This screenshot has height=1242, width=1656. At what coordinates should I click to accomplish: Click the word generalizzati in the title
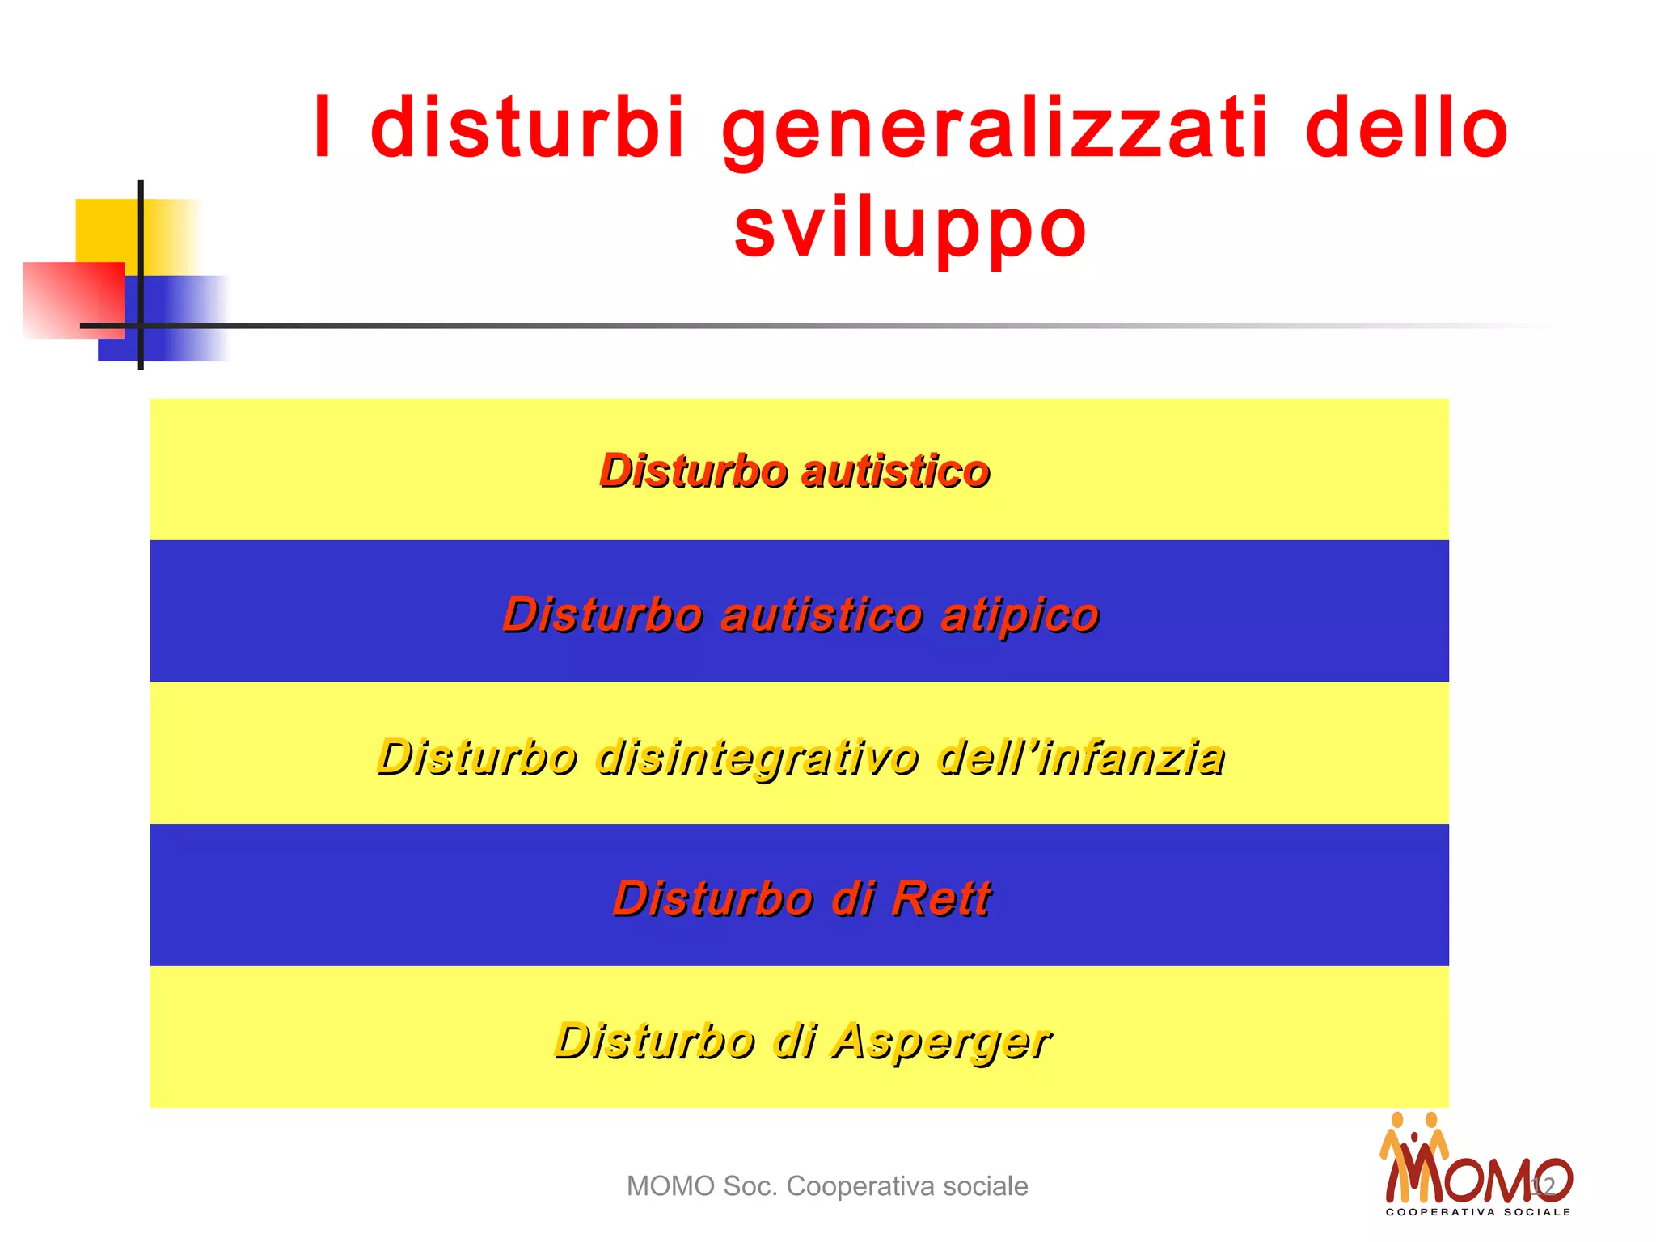pos(995,129)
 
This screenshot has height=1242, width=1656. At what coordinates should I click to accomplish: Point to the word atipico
pos(1020,615)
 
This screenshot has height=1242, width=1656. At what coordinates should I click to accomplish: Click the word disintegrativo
pos(758,758)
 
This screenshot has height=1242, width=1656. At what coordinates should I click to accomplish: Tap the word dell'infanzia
pos(1081,758)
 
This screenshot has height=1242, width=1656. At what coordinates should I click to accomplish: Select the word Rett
pos(941,898)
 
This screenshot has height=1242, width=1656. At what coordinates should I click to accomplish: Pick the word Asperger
pos(941,1041)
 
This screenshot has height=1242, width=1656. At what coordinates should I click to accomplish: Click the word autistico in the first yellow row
pos(896,471)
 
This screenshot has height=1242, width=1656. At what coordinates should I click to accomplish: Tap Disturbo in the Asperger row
pos(655,1041)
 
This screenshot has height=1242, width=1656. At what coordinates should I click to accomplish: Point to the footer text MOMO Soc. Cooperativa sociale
pos(827,1186)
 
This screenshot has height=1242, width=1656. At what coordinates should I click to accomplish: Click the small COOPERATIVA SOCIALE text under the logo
pos(1478,1212)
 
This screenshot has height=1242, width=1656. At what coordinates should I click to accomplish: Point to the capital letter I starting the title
pos(323,128)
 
